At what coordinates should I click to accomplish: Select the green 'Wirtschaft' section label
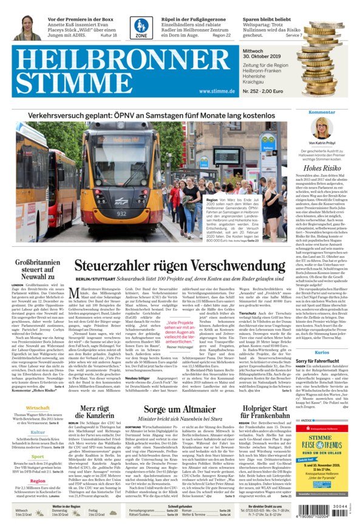(38, 408)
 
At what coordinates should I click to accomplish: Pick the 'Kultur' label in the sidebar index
(38, 432)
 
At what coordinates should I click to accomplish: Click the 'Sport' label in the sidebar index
(38, 456)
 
